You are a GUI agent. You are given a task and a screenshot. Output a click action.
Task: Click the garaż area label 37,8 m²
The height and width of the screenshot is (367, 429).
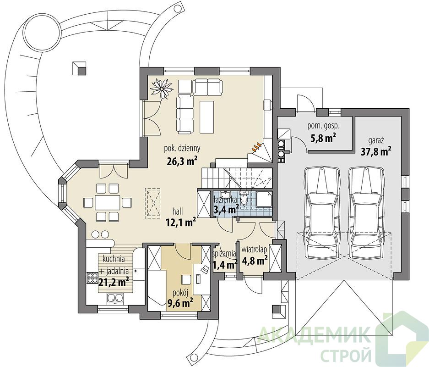376,151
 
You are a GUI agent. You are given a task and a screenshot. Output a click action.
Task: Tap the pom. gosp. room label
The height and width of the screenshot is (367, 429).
323,126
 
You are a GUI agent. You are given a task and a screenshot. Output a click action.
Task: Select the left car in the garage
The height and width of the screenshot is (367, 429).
321,212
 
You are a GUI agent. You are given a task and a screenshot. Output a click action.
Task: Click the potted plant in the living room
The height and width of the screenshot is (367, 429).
162,89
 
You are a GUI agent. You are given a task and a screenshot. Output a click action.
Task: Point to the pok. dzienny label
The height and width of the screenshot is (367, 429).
182,148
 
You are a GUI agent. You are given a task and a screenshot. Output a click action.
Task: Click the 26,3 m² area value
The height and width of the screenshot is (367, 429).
182,161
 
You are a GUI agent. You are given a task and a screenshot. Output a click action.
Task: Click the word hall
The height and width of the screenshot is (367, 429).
178,211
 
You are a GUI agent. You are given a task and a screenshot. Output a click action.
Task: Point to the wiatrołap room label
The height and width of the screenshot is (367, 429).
254,250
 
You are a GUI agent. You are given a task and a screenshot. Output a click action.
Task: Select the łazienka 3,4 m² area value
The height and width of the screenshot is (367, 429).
226,210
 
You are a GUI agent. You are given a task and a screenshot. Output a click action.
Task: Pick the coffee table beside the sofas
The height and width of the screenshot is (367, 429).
206,117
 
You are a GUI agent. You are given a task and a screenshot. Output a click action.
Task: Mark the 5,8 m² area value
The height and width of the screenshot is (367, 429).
323,137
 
